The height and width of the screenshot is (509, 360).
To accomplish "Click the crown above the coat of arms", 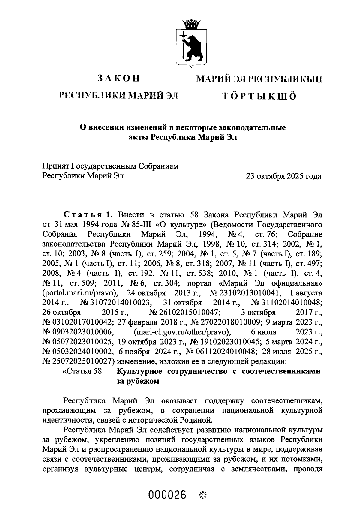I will pyautogui.click(x=191, y=23).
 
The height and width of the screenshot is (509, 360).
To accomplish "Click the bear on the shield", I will pyautogui.click(x=194, y=46).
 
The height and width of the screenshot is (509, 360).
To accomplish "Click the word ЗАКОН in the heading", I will pyautogui.click(x=119, y=78).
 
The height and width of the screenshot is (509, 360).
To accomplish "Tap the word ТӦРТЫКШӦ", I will pyautogui.click(x=259, y=96).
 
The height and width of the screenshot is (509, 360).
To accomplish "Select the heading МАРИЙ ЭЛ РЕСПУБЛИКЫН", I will pyautogui.click(x=259, y=79).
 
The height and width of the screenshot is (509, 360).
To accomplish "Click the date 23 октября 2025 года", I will pyautogui.click(x=283, y=176).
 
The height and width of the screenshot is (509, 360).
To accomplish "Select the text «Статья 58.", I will pyautogui.click(x=83, y=371).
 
